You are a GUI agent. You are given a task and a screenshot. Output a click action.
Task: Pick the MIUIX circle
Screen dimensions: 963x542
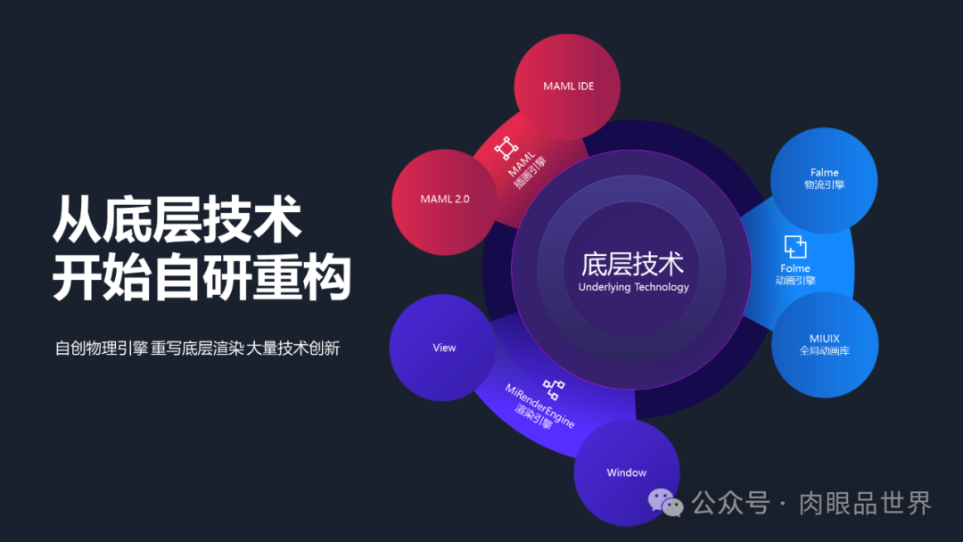coord(824,344)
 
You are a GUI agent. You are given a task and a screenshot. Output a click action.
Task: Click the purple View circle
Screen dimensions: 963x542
coord(443,348)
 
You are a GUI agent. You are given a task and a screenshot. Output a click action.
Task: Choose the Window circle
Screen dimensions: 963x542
coord(626,472)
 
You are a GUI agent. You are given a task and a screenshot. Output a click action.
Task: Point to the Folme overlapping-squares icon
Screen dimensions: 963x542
coord(794,246)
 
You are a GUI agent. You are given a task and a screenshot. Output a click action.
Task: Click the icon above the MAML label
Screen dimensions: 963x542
coord(506,147)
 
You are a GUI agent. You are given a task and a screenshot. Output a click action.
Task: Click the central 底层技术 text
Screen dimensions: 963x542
coord(633,264)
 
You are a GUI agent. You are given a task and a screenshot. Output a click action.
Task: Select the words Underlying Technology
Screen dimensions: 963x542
coord(633,287)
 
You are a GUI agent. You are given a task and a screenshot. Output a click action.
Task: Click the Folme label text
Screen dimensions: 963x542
coord(795,268)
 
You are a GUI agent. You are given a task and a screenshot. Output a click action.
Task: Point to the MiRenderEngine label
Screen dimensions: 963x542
coord(540,406)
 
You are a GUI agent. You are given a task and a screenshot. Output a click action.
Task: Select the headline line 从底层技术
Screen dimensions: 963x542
coord(177,219)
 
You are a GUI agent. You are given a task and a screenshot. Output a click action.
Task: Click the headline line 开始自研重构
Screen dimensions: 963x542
coord(202,278)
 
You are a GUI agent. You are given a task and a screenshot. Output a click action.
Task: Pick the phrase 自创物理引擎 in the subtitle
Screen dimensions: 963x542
coord(101,349)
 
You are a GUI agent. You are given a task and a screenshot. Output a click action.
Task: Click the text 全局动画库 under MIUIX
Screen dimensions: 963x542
coord(824,351)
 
